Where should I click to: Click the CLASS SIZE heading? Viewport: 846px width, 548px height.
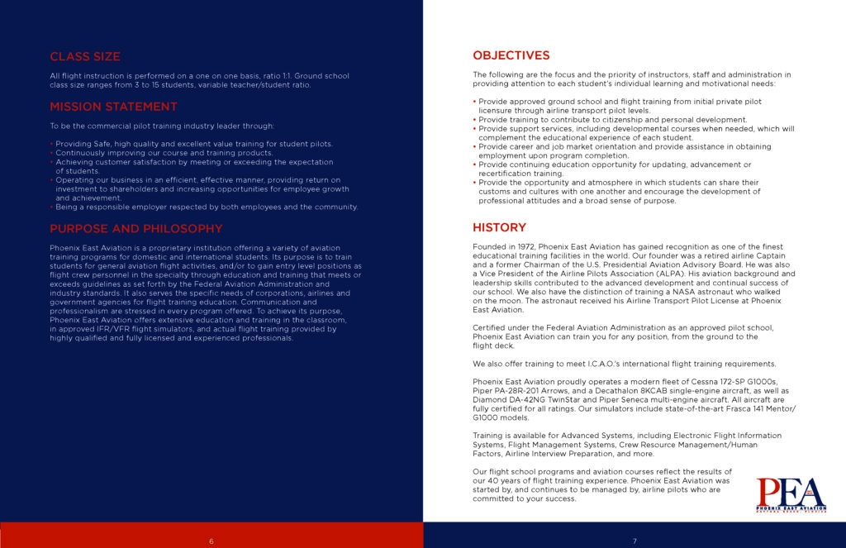coord(85,57)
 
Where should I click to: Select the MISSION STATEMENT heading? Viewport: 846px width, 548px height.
coord(113,107)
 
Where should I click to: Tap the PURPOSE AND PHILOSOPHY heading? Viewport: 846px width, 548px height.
coord(135,229)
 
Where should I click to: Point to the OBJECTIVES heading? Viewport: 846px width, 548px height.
coord(511,55)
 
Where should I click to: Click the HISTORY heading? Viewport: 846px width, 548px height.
coord(499,227)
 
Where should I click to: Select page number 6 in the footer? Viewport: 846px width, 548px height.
coord(211,541)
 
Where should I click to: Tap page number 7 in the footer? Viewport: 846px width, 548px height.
coord(634,541)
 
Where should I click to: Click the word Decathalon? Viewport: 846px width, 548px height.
coord(641,391)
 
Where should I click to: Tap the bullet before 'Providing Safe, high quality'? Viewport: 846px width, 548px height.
coord(51,144)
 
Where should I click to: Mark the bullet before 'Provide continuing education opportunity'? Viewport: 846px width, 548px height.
coord(475,164)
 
